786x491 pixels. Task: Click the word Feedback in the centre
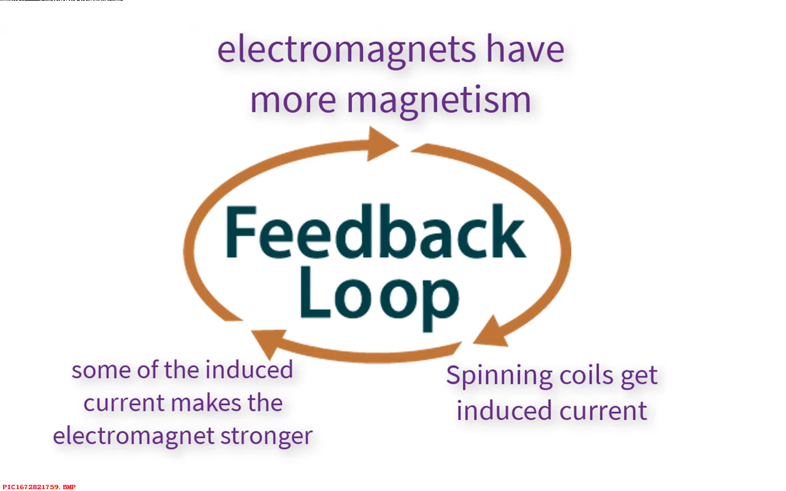(x=375, y=234)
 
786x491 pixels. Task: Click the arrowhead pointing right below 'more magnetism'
(x=382, y=144)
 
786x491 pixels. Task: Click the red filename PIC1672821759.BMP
(x=39, y=487)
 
